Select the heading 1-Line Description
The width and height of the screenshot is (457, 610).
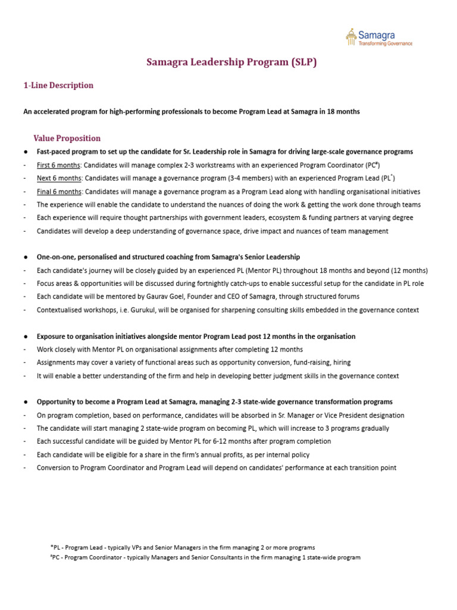[58, 85]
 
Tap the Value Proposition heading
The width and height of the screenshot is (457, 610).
[67, 138]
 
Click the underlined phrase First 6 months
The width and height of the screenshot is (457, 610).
[58, 165]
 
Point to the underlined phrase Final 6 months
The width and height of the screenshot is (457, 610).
[59, 191]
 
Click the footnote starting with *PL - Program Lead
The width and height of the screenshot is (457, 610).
[183, 547]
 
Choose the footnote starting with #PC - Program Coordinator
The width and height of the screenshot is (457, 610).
[205, 558]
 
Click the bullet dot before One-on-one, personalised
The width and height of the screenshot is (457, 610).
[25, 257]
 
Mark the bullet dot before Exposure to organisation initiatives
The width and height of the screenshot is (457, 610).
[25, 337]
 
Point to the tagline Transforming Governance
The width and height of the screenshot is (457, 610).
[385, 43]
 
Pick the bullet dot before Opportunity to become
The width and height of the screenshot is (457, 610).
[25, 402]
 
